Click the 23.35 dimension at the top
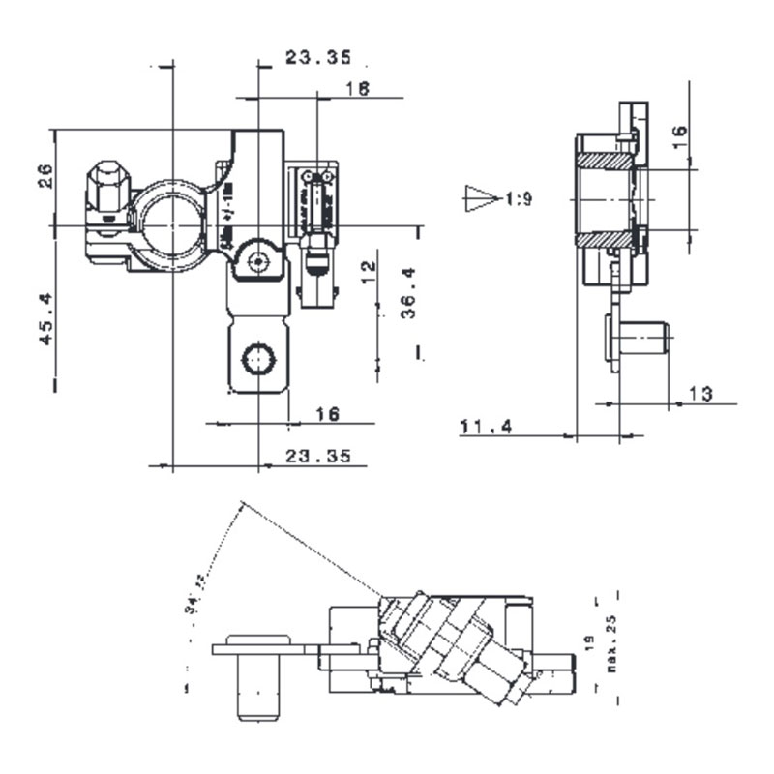pyautogui.click(x=317, y=58)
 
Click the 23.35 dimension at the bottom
pyautogui.click(x=317, y=456)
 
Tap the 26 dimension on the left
pyautogui.click(x=45, y=175)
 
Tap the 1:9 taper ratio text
pyautogui.click(x=519, y=199)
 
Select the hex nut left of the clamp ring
pyautogui.click(x=107, y=186)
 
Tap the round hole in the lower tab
pyautogui.click(x=257, y=359)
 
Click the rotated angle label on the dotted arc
pyautogui.click(x=199, y=583)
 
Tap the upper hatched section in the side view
pyautogui.click(x=607, y=160)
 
